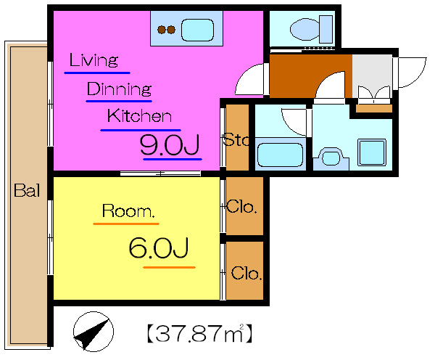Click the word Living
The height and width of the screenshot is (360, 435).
point(94,60)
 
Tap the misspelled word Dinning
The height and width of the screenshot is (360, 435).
point(120,89)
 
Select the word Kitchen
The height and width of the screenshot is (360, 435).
point(139,116)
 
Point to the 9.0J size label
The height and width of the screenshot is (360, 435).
point(170,144)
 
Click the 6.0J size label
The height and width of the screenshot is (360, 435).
point(159,247)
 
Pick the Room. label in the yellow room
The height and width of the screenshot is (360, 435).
point(128,210)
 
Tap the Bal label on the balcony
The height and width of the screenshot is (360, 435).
point(27,190)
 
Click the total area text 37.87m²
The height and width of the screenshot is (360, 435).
point(199,332)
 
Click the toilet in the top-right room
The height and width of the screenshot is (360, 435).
point(311,29)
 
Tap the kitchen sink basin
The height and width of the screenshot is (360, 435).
point(197,30)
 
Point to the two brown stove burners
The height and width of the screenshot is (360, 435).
point(166,30)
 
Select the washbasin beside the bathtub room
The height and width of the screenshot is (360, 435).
point(331,157)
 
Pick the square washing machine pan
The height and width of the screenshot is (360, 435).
point(372,152)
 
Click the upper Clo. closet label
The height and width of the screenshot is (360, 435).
point(241,207)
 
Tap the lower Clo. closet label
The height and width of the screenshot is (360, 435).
point(246,274)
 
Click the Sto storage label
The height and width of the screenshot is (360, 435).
point(236,139)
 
